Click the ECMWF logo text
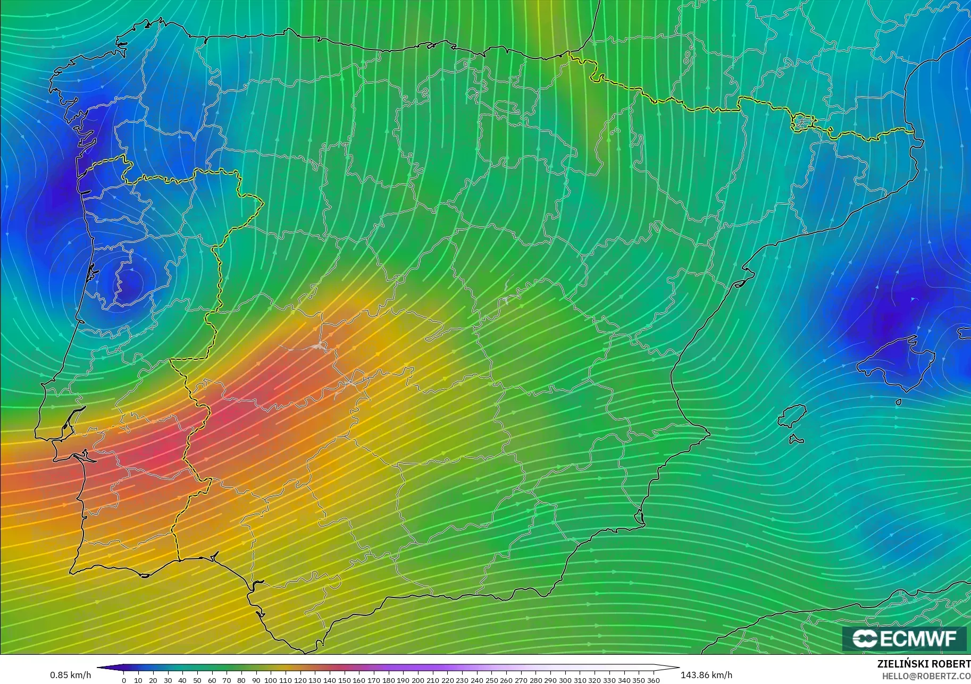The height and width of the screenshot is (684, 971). [x=918, y=638]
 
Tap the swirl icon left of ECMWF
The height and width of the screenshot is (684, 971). [x=865, y=638]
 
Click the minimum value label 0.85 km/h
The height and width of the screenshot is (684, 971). [x=70, y=675]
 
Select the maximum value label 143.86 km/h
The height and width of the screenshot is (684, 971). [x=706, y=675]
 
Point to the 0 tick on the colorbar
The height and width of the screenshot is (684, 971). [x=124, y=680]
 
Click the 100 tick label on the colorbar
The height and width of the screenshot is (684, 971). [x=271, y=680]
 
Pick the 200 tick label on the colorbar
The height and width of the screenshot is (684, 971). [x=418, y=680]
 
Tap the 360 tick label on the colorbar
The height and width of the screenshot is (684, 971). [x=654, y=680]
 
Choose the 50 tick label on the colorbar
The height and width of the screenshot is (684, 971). [x=197, y=680]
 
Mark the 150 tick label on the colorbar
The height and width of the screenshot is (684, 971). [x=344, y=680]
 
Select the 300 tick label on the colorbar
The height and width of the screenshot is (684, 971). [x=565, y=680]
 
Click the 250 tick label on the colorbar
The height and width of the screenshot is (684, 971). [x=491, y=680]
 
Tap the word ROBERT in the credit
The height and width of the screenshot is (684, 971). [x=952, y=664]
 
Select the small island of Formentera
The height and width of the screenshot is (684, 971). [x=796, y=440]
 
